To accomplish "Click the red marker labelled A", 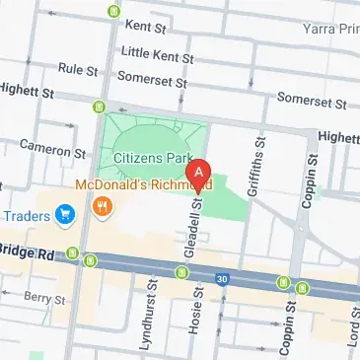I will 199,174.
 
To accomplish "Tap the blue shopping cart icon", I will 66,212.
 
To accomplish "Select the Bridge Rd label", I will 29,252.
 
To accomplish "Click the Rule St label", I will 77,70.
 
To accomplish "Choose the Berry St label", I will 44,297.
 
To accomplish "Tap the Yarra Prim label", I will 330,31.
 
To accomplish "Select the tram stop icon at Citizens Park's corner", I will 98,107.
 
